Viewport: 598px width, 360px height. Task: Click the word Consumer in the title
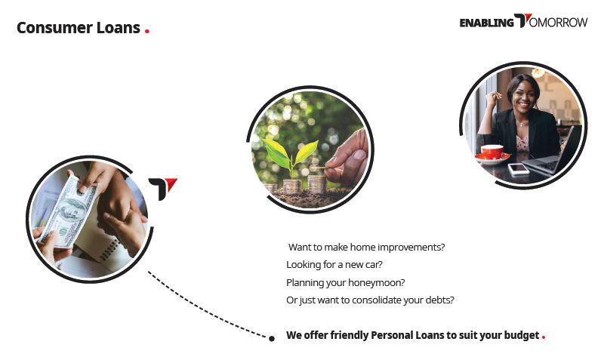click(x=54, y=28)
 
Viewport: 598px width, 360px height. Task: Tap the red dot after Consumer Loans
click(x=147, y=31)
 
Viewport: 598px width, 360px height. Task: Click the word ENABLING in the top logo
click(x=487, y=23)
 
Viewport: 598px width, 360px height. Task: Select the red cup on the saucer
click(x=492, y=152)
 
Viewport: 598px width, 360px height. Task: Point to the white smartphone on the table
click(x=519, y=168)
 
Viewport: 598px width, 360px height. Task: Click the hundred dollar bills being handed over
click(x=69, y=212)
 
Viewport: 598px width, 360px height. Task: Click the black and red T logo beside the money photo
click(x=162, y=189)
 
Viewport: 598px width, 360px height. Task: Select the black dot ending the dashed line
click(x=272, y=338)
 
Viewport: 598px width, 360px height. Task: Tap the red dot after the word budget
click(x=544, y=337)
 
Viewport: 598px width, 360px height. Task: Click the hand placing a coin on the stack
click(x=347, y=157)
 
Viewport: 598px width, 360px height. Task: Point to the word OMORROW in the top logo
click(x=558, y=23)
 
